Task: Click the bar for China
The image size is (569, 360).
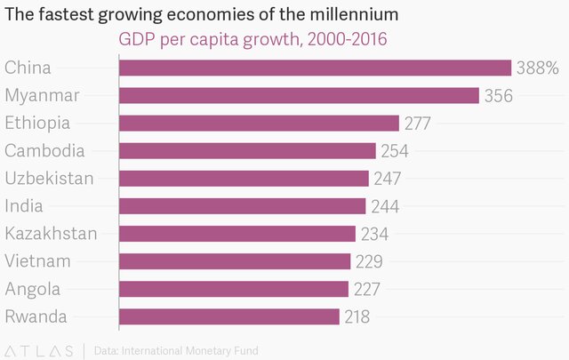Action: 315,68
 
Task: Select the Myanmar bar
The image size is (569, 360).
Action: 299,95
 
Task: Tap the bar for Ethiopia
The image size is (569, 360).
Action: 259,123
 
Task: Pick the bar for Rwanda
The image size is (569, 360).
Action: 228,316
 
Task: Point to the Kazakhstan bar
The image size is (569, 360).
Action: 236,234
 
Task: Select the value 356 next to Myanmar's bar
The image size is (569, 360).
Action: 498,95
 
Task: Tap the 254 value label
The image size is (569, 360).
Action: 394,151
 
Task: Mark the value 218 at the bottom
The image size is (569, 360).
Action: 357,316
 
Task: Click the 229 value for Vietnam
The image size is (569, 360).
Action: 368,261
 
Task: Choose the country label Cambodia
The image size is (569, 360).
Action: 44,151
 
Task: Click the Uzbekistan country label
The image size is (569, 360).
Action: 49,179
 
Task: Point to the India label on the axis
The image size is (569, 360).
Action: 24,206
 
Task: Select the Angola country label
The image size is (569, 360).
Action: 33,289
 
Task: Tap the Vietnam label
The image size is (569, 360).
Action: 37,261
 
